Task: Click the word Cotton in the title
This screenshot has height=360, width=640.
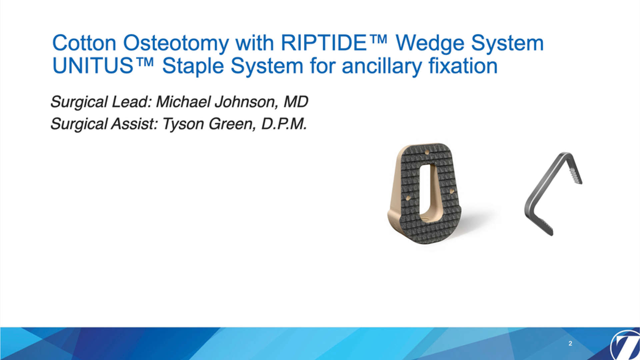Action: point(84,43)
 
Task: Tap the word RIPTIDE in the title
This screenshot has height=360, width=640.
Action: point(324,43)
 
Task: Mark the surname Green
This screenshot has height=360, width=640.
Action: point(232,124)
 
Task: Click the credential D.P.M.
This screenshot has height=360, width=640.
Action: point(284,124)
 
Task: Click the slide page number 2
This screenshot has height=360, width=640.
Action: point(570,343)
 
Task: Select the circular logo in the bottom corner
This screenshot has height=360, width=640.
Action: point(625,345)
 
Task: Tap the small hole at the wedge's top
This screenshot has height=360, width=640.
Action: point(427,152)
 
